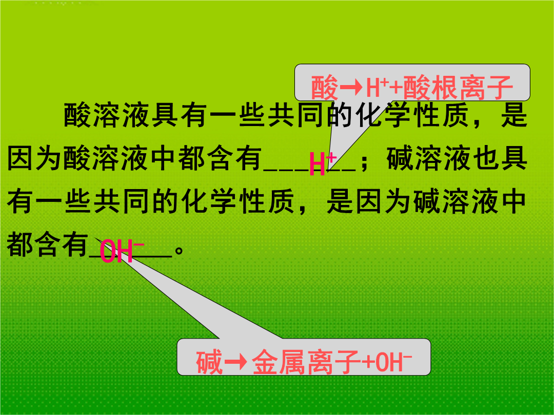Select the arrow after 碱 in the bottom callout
(235, 361)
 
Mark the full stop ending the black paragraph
(179, 250)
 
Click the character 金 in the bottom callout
(265, 362)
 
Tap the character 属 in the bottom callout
(292, 362)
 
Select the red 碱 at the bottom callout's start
(209, 362)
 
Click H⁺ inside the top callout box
(378, 87)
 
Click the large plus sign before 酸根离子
(396, 88)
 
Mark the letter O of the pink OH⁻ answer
(107, 251)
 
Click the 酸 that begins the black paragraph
(77, 115)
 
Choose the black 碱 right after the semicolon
(400, 158)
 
